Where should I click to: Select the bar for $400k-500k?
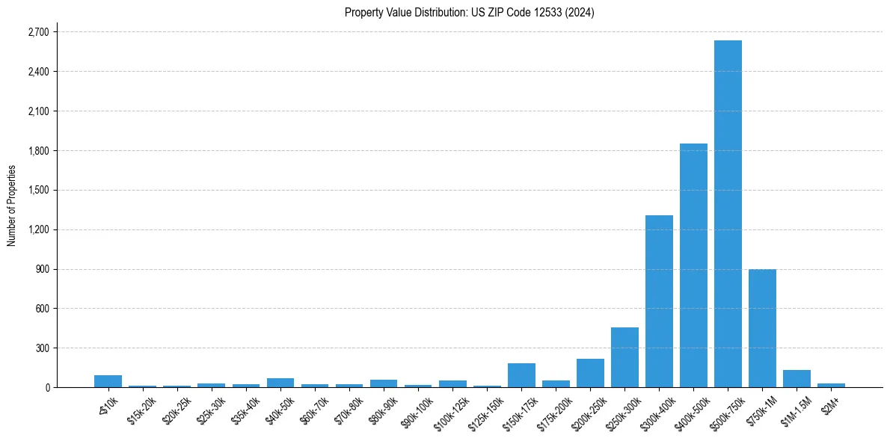[693, 265]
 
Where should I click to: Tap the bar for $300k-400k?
[659, 301]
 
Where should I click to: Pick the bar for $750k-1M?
[762, 328]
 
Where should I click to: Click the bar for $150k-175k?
[521, 375]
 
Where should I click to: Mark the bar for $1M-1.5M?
[797, 379]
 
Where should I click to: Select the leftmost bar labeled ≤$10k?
[108, 381]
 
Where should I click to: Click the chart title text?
[469, 13]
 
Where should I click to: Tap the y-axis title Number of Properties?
[12, 206]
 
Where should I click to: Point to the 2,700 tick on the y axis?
[37, 32]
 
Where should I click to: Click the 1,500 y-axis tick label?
[37, 190]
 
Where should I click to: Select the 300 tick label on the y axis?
[41, 348]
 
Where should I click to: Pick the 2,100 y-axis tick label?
[37, 111]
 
